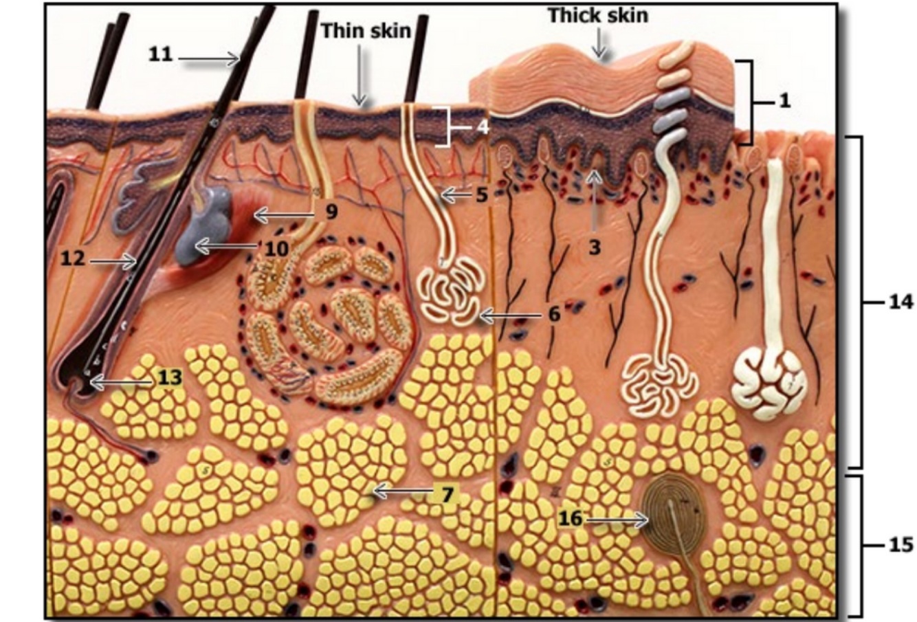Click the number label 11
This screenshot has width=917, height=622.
(160, 54)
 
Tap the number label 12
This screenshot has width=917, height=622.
(72, 258)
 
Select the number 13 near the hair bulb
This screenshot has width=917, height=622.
(170, 377)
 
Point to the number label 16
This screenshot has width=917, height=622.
(570, 518)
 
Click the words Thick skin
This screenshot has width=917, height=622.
(597, 15)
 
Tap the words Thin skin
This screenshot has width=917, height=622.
(366, 30)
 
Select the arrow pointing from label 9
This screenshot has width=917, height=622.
(283, 215)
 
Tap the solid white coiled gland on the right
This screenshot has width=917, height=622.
(769, 379)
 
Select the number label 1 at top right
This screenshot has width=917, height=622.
(784, 101)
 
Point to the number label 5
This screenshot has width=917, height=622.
(480, 195)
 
